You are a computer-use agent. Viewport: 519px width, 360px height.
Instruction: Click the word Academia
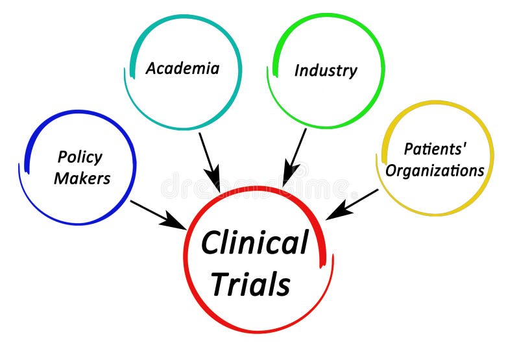(182, 68)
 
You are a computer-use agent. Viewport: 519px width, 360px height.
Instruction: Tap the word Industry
(325, 70)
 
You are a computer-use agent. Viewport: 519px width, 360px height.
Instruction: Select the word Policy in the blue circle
(80, 157)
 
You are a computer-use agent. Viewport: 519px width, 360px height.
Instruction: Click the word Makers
(82, 178)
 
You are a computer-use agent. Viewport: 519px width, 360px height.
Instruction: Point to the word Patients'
(435, 149)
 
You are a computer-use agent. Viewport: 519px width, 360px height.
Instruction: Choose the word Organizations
(435, 171)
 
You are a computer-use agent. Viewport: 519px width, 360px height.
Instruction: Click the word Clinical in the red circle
(254, 243)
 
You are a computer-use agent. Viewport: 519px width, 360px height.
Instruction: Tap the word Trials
(250, 283)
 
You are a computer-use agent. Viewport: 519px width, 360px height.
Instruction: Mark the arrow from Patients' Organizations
(354, 203)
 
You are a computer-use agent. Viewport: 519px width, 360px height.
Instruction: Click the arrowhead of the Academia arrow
(213, 178)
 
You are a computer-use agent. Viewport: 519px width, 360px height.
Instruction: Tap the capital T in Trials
(221, 283)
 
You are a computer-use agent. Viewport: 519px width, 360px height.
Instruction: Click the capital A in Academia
(151, 68)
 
